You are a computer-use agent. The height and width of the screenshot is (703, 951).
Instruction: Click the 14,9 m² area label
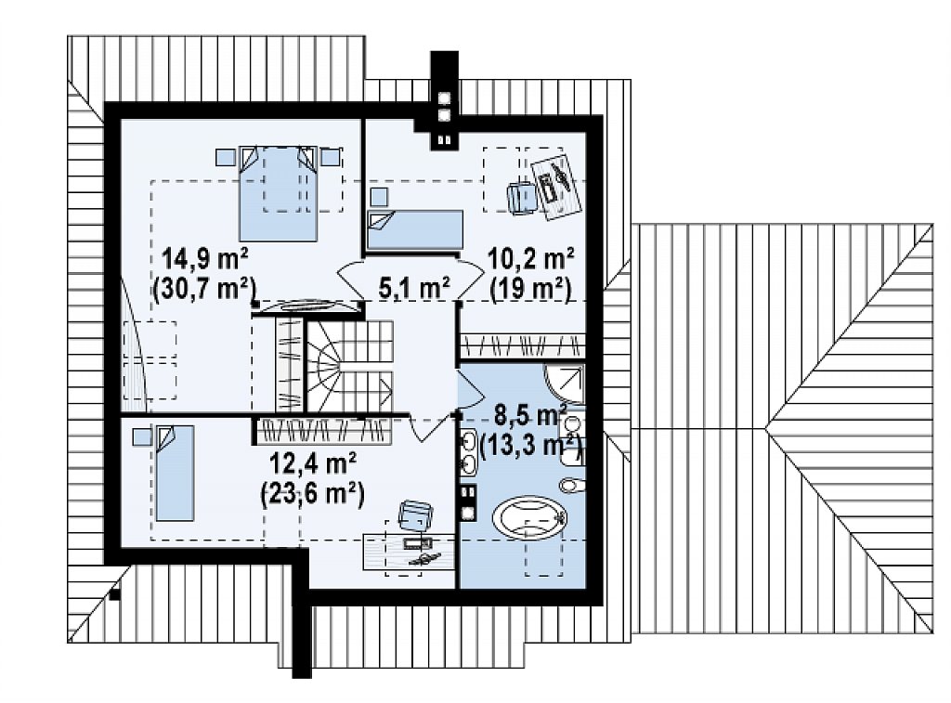[204, 260]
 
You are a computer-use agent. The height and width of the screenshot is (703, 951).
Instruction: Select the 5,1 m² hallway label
[415, 288]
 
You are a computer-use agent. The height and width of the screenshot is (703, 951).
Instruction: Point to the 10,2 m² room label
[531, 260]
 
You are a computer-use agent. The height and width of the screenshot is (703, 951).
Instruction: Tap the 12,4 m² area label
[312, 465]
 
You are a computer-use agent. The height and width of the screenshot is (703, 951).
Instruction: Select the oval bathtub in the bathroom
[529, 517]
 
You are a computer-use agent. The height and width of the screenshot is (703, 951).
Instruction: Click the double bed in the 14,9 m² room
[279, 193]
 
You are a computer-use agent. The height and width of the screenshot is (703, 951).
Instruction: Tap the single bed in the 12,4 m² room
[175, 473]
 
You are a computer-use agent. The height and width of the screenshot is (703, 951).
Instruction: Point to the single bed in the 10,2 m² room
[415, 229]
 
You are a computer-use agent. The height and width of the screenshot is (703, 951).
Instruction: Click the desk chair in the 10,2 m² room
[522, 197]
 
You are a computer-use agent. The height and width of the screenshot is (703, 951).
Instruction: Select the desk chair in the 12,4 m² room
[415, 515]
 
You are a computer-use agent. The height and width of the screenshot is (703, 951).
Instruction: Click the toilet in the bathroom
[572, 484]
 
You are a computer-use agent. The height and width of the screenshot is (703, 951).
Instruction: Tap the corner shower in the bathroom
[566, 384]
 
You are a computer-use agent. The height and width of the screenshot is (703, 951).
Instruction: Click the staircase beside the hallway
[349, 367]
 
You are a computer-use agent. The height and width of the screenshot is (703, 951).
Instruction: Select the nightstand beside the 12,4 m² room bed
[142, 436]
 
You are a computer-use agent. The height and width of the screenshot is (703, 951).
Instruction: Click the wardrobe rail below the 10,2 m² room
[522, 345]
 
